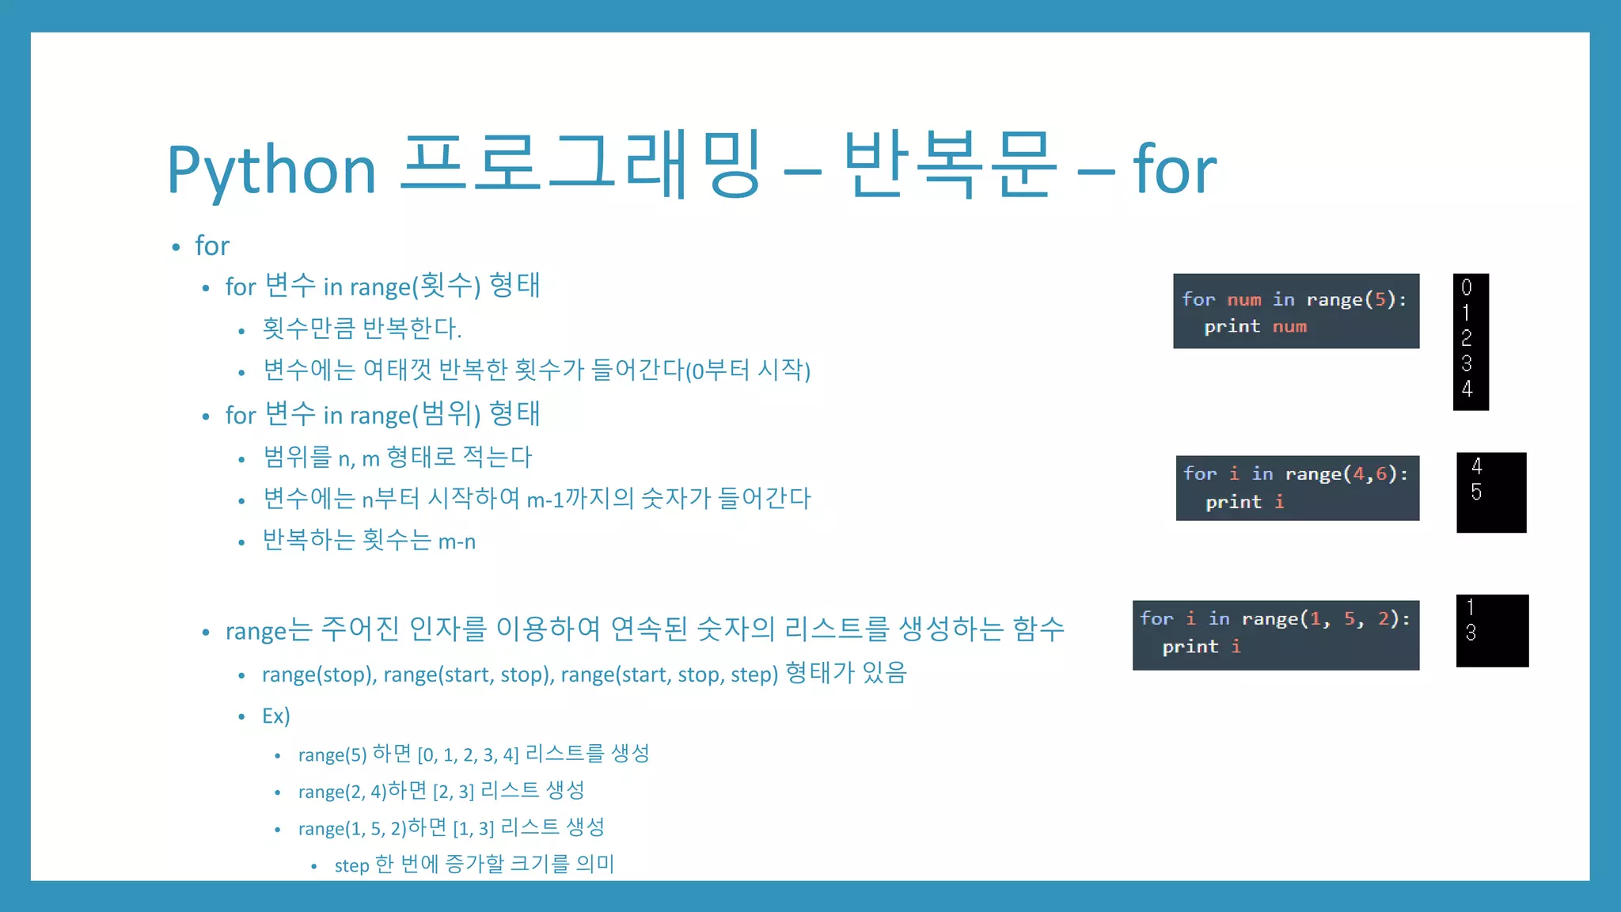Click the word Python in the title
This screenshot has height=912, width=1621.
pos(271,170)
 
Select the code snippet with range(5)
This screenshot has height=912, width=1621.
pos(1296,311)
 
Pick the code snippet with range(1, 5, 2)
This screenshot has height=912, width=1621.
pos(1275,635)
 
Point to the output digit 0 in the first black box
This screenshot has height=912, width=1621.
pos(1467,287)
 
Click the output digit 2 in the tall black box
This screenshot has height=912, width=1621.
pos(1467,338)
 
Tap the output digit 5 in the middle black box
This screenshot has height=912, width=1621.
pos(1477,492)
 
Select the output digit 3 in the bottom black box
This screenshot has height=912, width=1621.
pos(1471,633)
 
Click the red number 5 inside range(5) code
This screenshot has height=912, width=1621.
pos(1380,299)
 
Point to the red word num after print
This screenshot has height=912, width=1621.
pos(1289,326)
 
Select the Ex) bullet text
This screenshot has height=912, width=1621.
pos(276,716)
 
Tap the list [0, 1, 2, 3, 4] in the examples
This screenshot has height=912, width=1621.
pos(468,754)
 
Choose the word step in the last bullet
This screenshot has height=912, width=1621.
pos(351,865)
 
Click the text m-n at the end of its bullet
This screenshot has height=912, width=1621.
pos(457,541)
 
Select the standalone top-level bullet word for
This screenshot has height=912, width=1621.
pos(212,246)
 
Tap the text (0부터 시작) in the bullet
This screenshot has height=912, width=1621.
pos(748,370)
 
